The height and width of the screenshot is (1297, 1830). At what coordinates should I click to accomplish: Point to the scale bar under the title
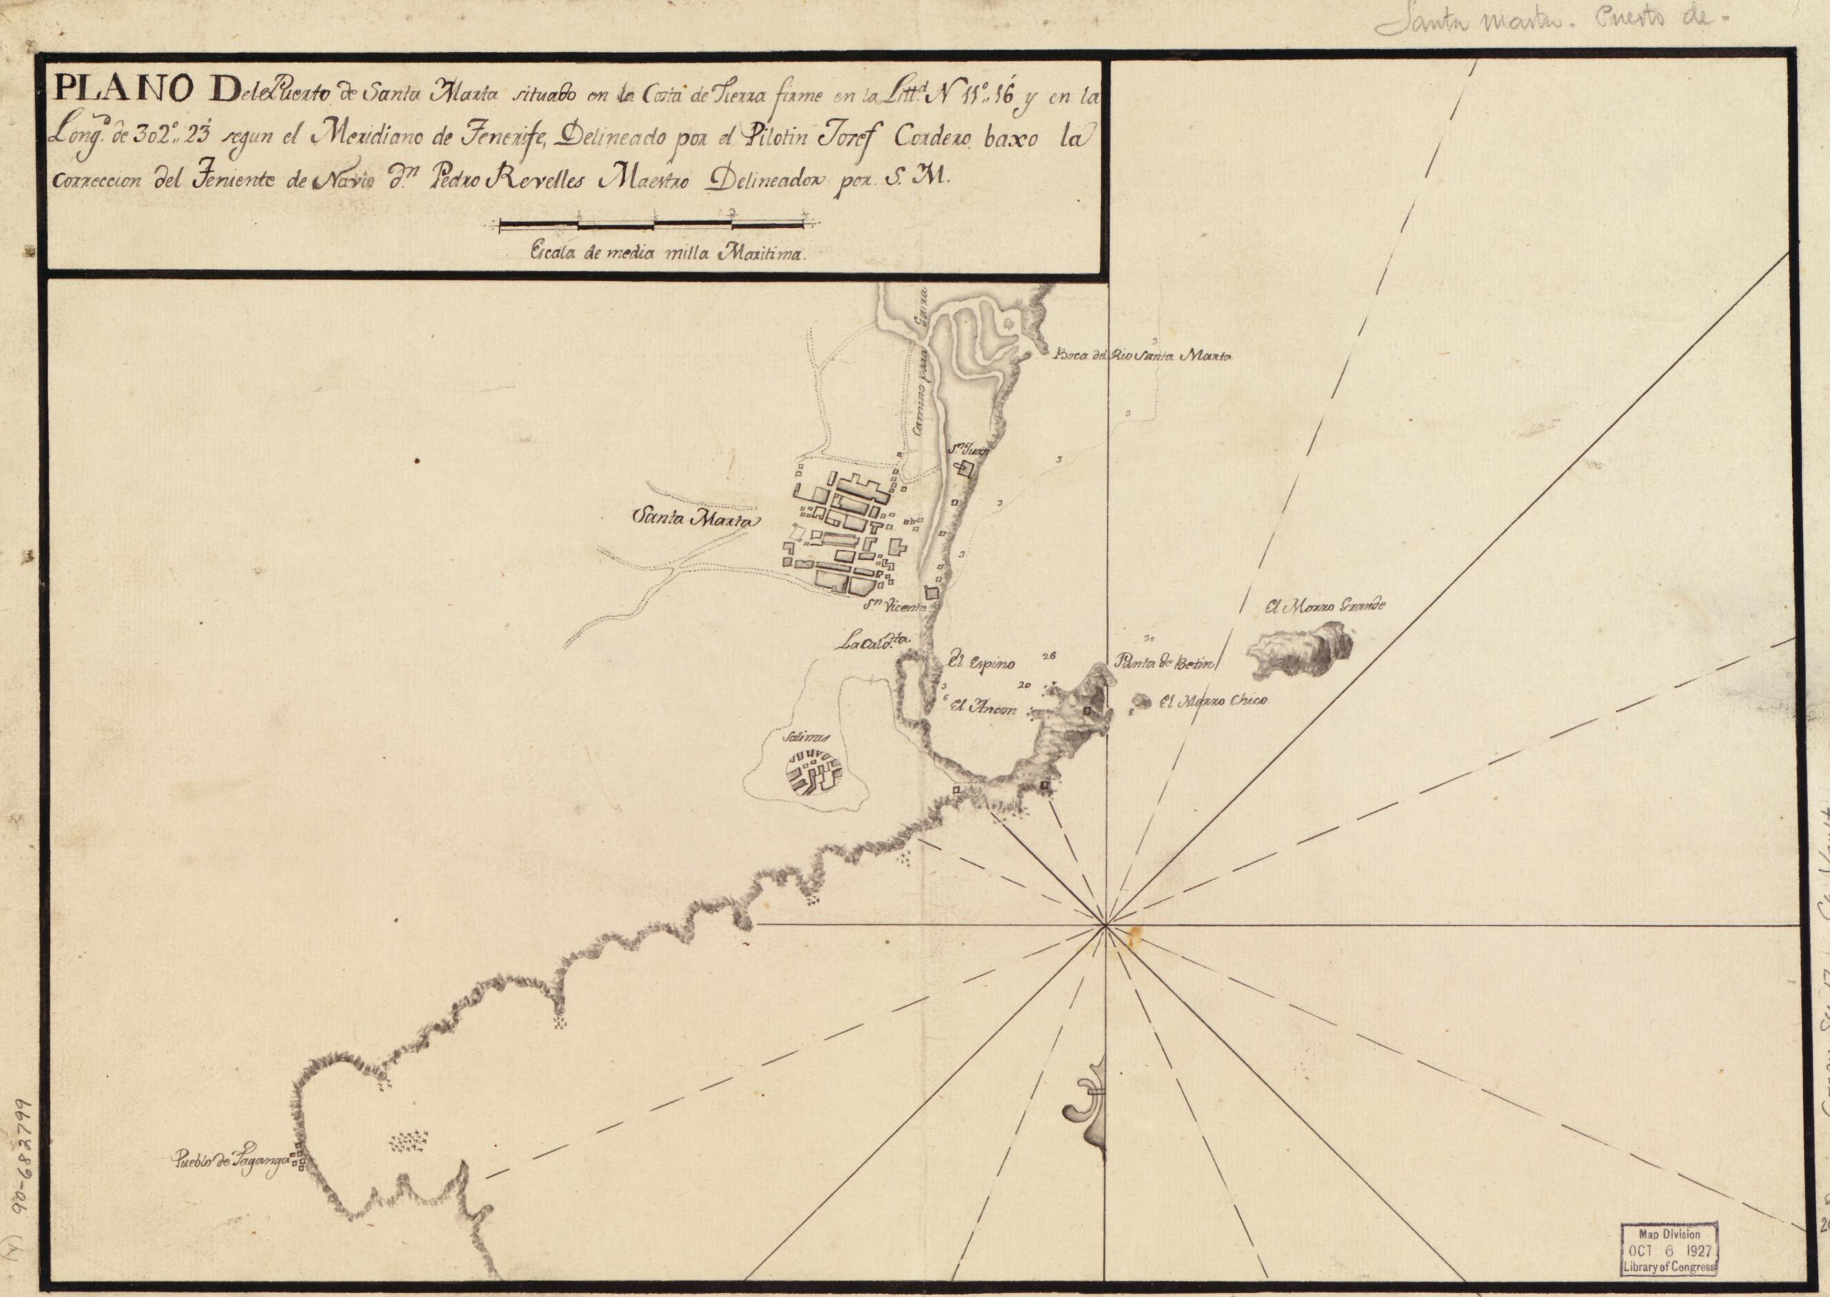[x=653, y=225]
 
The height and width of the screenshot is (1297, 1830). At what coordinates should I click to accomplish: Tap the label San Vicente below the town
[x=900, y=609]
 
